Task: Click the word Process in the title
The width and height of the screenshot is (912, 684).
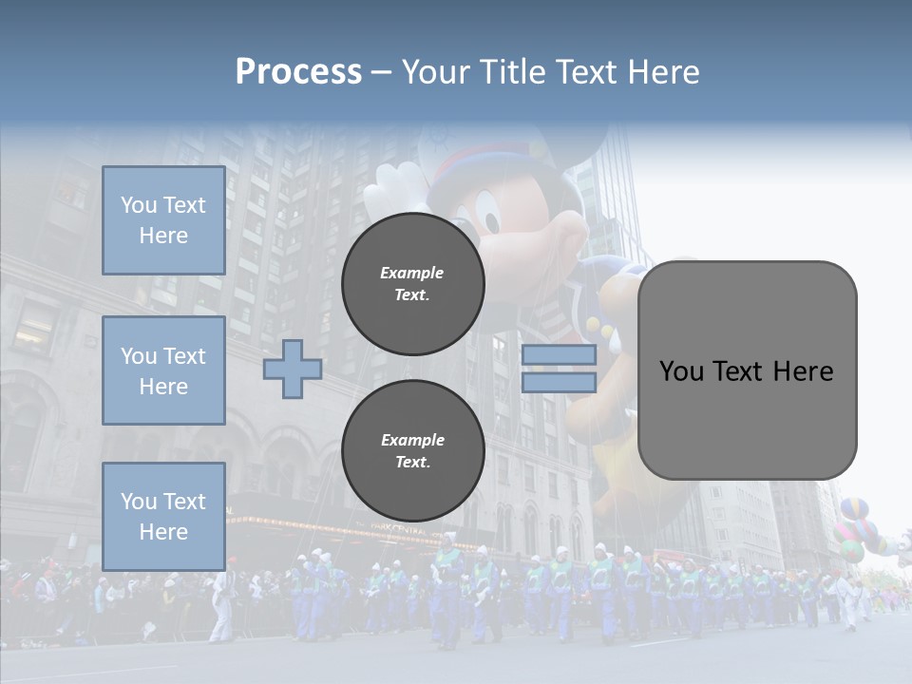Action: pyautogui.click(x=298, y=72)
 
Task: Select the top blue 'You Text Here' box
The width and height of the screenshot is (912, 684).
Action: pyautogui.click(x=163, y=220)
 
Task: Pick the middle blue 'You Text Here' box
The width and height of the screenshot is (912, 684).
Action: pyautogui.click(x=163, y=370)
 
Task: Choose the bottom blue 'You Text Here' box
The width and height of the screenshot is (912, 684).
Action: pyautogui.click(x=163, y=516)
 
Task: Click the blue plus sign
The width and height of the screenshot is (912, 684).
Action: pyautogui.click(x=293, y=369)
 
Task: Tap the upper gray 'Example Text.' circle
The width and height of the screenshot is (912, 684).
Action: pyautogui.click(x=412, y=283)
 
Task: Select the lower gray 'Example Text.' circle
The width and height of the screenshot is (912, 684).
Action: pyautogui.click(x=412, y=450)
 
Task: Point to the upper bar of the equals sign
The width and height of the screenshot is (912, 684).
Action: pyautogui.click(x=559, y=354)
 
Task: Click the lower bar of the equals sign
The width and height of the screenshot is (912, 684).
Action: pyautogui.click(x=559, y=383)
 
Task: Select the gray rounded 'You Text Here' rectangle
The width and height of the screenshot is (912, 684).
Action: pyautogui.click(x=747, y=370)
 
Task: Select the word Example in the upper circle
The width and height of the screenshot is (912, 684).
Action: pyautogui.click(x=411, y=273)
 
